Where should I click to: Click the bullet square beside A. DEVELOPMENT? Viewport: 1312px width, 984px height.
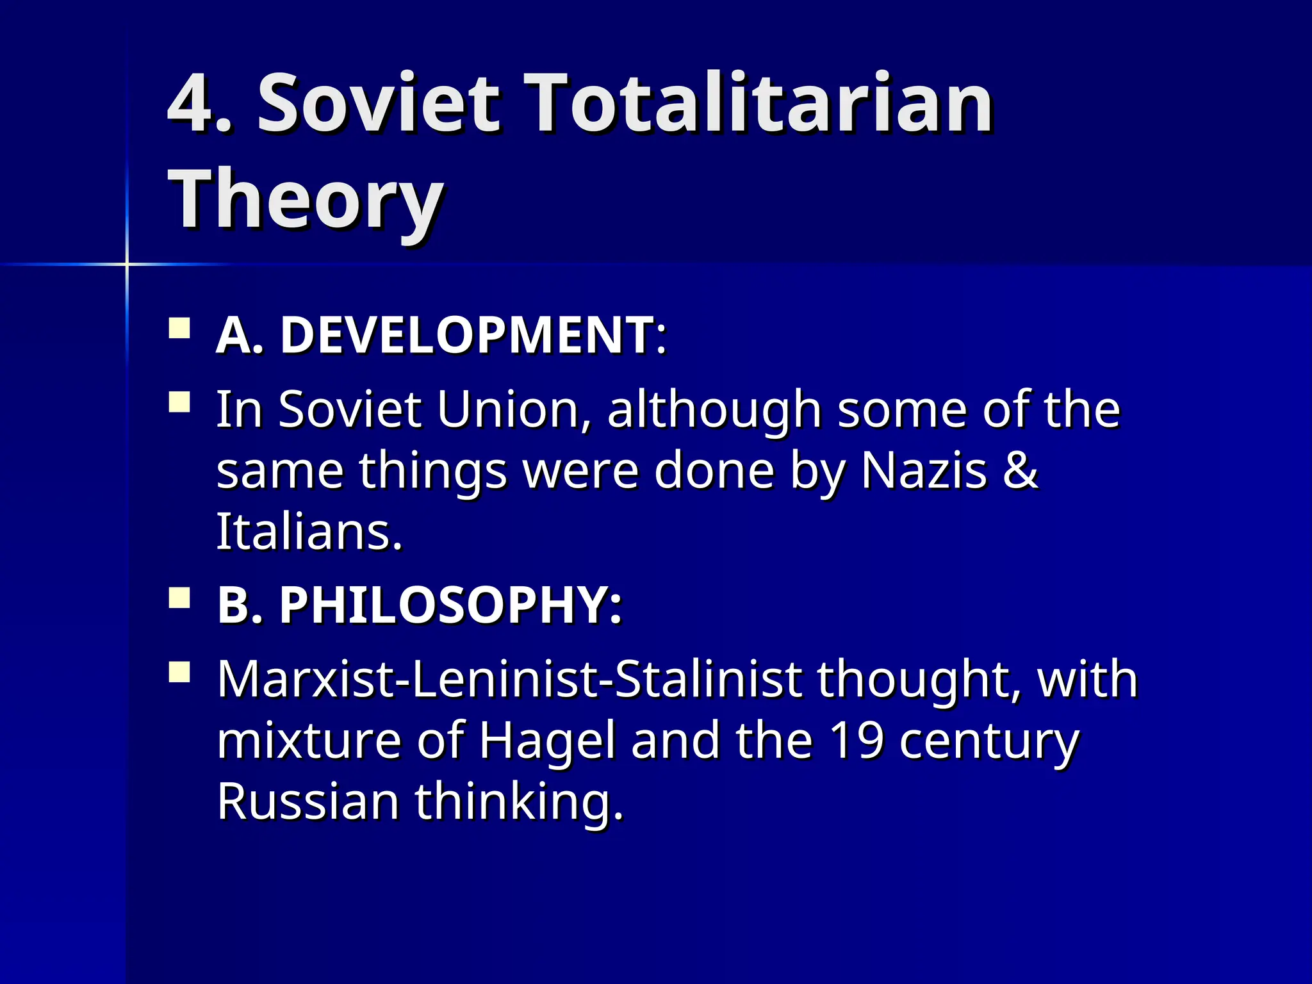[179, 329]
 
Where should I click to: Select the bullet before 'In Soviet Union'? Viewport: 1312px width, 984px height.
[179, 403]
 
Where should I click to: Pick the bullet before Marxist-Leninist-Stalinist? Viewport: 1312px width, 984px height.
[179, 673]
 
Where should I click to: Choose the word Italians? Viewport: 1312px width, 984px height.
[309, 532]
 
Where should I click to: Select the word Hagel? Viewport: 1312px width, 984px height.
[548, 741]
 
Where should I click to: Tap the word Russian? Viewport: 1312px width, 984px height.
[308, 801]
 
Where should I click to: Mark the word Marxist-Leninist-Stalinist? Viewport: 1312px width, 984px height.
[509, 680]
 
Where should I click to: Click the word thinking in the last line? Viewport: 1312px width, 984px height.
[519, 803]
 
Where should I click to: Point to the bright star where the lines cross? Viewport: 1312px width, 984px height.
[127, 264]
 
